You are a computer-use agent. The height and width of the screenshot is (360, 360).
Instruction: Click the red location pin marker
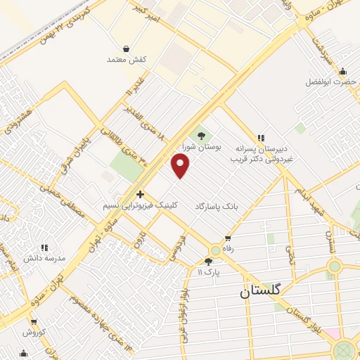pyautogui.click(x=181, y=166)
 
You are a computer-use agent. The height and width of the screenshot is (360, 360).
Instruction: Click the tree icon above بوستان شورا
pyautogui.click(x=202, y=136)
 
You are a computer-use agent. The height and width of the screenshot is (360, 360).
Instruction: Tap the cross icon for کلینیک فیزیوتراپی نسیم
pyautogui.click(x=140, y=194)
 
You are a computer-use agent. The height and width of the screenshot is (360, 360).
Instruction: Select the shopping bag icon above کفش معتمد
pyautogui.click(x=126, y=49)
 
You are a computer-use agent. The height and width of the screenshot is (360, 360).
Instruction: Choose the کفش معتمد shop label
pyautogui.click(x=126, y=60)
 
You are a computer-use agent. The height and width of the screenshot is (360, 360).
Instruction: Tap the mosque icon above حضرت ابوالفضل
pyautogui.click(x=342, y=71)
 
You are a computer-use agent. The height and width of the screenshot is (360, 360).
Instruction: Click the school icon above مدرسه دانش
pyautogui.click(x=44, y=247)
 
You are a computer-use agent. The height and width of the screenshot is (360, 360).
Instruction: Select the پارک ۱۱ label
pyautogui.click(x=208, y=272)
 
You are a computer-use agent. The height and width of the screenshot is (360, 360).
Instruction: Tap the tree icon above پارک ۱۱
pyautogui.click(x=208, y=262)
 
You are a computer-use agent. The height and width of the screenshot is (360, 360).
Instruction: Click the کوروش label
pyautogui.click(x=33, y=333)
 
